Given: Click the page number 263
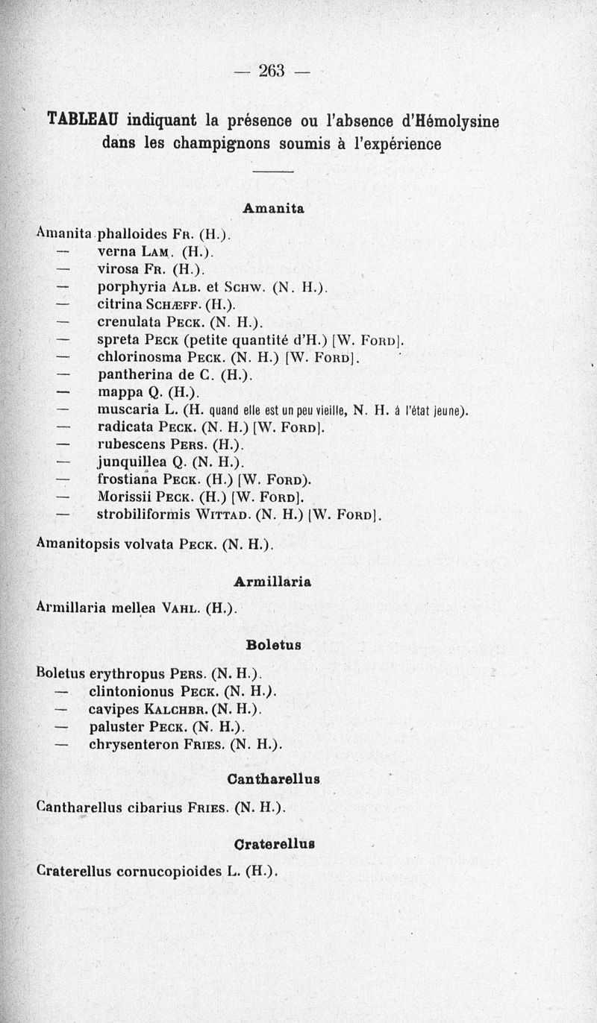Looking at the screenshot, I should coord(272,71).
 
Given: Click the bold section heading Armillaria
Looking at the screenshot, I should coord(272,580).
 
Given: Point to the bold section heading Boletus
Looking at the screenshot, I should coord(273,643).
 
